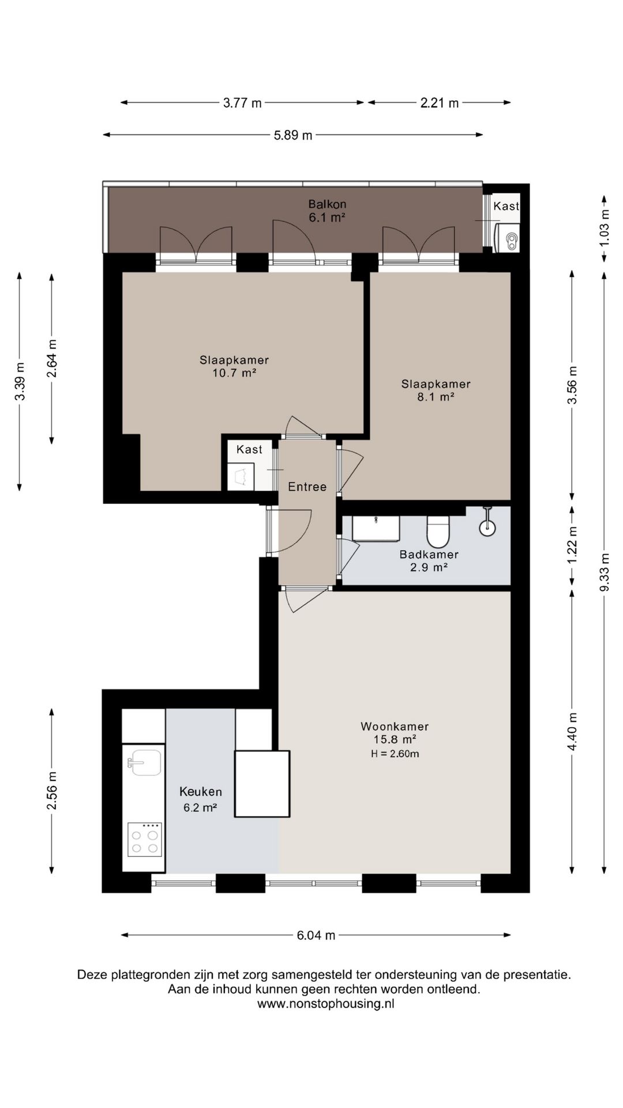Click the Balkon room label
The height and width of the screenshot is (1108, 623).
click(327, 204)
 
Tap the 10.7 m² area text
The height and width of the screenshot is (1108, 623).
click(234, 373)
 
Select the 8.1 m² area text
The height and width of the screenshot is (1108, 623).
click(436, 397)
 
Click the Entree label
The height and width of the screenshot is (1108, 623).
click(307, 487)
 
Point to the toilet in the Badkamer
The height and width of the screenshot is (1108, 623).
click(438, 531)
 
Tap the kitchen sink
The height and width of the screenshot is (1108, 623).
click(144, 762)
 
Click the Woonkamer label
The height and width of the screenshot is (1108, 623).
click(395, 727)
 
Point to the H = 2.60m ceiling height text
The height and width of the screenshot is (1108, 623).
click(395, 754)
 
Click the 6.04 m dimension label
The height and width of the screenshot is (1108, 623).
click(316, 935)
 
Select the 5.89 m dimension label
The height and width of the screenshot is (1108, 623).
click(293, 136)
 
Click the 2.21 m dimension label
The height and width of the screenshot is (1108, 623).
click(440, 103)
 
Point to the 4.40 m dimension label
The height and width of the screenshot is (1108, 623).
click(572, 732)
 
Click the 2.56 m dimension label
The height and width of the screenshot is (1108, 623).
click(52, 791)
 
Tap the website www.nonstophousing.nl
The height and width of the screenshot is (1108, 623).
click(326, 1004)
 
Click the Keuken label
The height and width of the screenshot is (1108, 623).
click(201, 792)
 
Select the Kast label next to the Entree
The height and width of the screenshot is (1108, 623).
click(249, 450)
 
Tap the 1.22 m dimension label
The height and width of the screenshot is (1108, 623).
click(572, 546)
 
